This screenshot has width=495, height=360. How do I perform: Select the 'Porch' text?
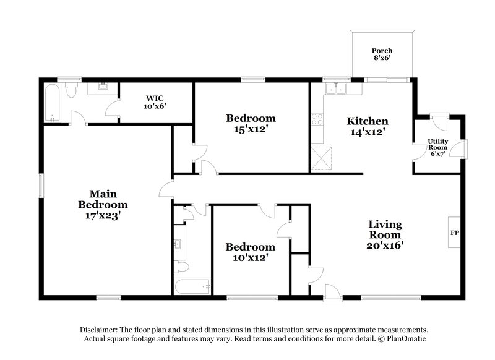[382, 51]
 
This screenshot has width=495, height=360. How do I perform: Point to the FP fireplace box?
[454, 233]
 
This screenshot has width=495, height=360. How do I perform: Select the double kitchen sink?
[337, 90]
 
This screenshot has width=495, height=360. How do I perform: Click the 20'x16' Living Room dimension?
[385, 246]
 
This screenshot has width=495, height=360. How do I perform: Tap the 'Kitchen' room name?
[367, 121]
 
